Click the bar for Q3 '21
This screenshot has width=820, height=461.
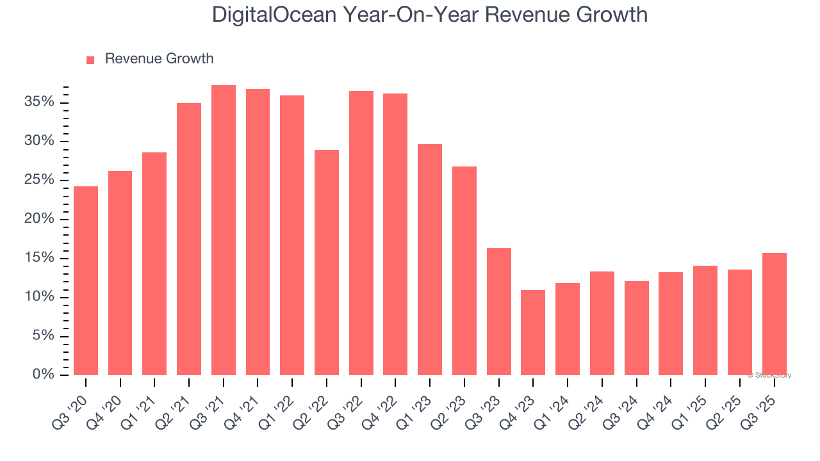coord(224,230)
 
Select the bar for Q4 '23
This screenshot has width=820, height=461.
coord(533,333)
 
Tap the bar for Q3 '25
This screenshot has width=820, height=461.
coord(774,314)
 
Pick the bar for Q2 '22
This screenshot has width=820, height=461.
coord(327,263)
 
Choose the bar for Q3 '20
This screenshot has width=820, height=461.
coord(86,280)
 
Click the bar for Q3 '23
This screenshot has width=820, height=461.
coord(498,311)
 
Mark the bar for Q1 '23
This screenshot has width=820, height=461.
coord(430,259)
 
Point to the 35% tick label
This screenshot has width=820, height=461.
coord(40,102)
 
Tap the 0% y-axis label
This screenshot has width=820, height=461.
coord(44,375)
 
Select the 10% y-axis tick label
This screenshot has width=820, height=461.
coord(40,297)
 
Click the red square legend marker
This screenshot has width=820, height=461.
coord(90,60)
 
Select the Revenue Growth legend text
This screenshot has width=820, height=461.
coord(159,59)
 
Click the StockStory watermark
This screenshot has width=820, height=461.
coord(769,375)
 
